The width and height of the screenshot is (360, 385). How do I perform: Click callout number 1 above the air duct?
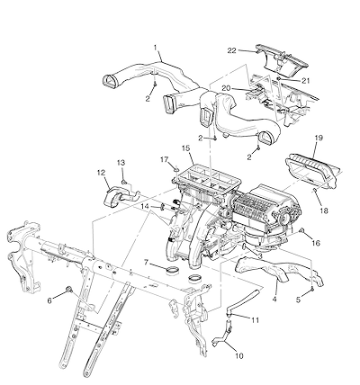tap(156, 48)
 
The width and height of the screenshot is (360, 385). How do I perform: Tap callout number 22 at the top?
tap(231, 50)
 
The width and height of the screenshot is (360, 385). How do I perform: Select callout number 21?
tap(305, 81)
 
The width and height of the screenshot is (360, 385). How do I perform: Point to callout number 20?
tap(226, 88)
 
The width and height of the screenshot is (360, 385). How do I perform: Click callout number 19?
tap(319, 138)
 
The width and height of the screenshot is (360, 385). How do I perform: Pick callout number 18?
tap(324, 211)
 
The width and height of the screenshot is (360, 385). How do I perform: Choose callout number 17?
tap(164, 160)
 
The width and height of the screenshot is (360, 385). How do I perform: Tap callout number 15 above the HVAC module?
tap(186, 148)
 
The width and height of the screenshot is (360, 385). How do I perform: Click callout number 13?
tap(121, 163)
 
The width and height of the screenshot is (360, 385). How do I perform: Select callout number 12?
tap(101, 173)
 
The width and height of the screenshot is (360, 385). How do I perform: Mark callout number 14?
tap(145, 207)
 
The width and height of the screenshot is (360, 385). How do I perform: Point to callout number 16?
tap(316, 243)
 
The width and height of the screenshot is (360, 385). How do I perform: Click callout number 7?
tap(146, 263)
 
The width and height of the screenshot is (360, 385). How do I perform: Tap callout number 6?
tap(49, 300)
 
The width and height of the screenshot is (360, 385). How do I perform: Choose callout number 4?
tap(274, 300)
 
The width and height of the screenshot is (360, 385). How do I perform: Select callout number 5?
tap(298, 300)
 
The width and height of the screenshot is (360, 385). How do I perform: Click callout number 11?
tap(255, 320)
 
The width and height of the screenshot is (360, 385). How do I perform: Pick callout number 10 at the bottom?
tap(238, 356)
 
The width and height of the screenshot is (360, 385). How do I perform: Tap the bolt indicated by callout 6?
tap(69, 289)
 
